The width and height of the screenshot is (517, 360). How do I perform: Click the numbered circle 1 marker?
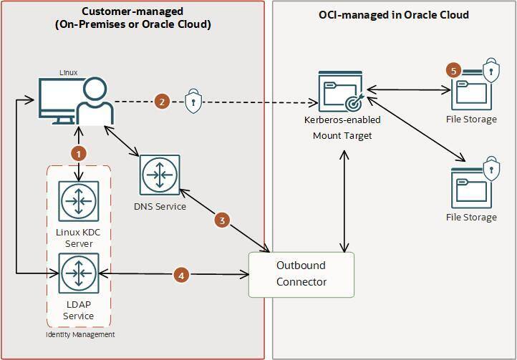point(79,153)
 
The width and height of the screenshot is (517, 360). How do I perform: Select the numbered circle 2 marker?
point(163,102)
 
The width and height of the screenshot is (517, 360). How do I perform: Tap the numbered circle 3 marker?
point(222,220)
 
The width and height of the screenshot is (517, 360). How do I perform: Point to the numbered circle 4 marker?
point(181,275)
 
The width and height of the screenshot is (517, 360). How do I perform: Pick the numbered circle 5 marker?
point(453,70)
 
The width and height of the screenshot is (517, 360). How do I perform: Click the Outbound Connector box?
point(301,274)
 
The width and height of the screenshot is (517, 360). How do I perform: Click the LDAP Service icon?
point(79,273)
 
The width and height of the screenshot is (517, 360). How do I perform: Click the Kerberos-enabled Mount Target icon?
point(339,92)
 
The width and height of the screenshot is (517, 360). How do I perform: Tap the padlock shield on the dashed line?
point(193,102)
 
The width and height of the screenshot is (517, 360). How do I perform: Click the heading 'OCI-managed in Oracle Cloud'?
point(393,14)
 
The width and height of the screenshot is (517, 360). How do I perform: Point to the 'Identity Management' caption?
point(79,334)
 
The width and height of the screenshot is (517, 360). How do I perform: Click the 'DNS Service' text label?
point(160,206)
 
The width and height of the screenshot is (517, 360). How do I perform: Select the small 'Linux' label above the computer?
point(69,72)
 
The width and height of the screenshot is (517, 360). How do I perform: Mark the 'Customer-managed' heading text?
point(132,11)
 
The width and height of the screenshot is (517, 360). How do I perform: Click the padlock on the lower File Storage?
point(491,169)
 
